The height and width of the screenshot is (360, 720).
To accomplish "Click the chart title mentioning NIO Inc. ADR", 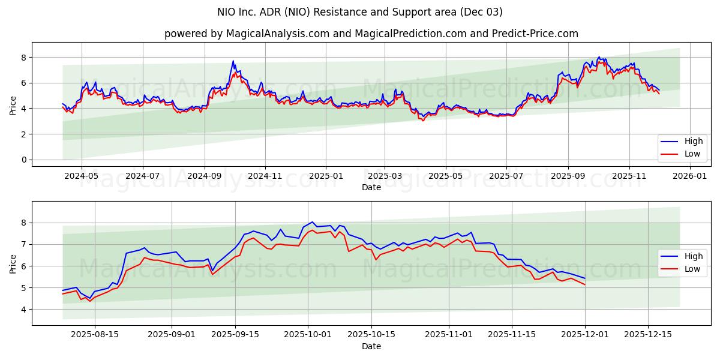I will point(359,12).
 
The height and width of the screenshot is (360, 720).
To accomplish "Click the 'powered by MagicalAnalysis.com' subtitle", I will point(371,34).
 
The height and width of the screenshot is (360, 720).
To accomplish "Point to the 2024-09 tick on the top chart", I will point(204,176).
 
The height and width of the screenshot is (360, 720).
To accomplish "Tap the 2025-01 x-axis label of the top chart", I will point(326,176).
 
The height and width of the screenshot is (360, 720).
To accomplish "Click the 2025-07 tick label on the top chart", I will point(506,176).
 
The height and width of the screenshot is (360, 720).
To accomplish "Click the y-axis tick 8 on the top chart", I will point(24,58).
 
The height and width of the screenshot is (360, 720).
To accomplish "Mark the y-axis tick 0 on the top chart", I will point(24,160).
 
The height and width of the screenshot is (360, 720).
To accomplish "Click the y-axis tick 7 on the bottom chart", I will point(24,245).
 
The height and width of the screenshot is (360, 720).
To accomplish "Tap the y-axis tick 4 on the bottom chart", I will point(24,310).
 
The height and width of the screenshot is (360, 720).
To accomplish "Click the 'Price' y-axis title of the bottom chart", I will point(13,263).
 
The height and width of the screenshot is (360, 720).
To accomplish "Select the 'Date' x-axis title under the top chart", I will point(371,187).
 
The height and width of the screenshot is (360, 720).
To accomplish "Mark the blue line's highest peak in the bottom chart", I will point(312,222).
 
